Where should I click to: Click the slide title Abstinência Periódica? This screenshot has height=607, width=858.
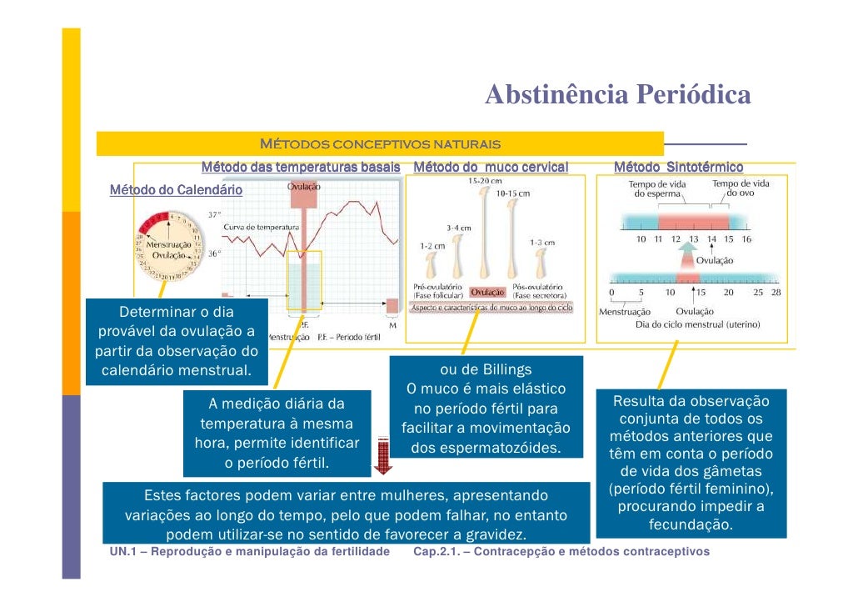[617, 95]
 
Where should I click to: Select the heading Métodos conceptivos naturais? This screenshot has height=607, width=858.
[380, 144]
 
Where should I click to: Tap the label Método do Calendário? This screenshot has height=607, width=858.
[177, 190]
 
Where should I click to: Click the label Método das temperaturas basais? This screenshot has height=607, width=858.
[301, 168]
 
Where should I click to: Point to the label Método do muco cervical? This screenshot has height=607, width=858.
[491, 168]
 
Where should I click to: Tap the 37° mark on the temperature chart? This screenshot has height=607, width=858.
[214, 214]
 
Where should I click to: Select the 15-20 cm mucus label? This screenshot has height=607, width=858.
[485, 180]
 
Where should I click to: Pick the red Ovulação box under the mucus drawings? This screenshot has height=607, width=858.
[488, 292]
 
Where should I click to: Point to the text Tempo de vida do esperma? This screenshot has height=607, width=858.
[657, 188]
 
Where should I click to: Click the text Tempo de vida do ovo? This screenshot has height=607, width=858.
[740, 188]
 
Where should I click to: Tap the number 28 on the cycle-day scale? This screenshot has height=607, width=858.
[776, 293]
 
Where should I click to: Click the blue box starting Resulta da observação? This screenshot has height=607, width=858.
[691, 463]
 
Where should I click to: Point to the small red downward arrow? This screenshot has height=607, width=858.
[383, 455]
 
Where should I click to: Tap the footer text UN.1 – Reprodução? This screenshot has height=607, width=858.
[250, 552]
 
